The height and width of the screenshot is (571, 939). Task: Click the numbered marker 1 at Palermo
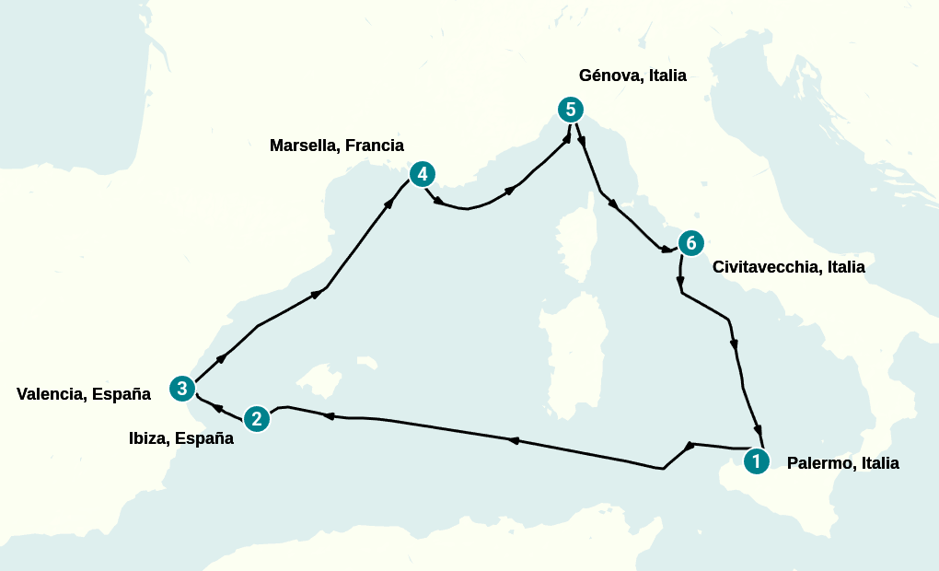click(756, 460)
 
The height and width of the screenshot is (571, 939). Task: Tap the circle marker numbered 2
click(257, 419)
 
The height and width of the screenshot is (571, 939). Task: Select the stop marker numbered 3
click(182, 389)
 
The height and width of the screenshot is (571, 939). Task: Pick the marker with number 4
click(422, 173)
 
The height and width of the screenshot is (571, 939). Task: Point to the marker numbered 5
click(571, 110)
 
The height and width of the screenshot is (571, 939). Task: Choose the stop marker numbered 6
click(690, 243)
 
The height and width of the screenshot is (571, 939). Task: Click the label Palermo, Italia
click(842, 463)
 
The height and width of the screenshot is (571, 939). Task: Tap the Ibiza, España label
click(181, 438)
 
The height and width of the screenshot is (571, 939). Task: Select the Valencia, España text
click(84, 394)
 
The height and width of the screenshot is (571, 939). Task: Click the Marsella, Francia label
click(337, 146)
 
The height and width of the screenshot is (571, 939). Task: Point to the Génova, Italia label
click(632, 76)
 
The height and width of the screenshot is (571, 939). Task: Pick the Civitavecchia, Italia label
click(789, 267)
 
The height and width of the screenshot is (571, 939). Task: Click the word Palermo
click(819, 463)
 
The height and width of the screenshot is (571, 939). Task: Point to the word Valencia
click(52, 394)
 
